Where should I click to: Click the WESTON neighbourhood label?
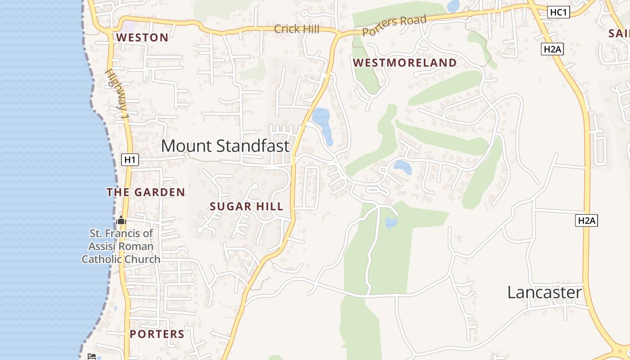point(142,37)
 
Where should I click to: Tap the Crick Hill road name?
point(297,29)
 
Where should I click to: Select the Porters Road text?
point(394,26)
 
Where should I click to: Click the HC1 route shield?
point(558,13)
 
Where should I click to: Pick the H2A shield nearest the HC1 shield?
point(552,49)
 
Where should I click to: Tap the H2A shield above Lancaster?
point(586,220)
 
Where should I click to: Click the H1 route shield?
point(130,159)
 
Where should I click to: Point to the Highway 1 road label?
point(118,94)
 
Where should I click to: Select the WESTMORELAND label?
point(405,63)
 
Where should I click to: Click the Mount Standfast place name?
point(225,146)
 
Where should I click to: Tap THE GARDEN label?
point(146,192)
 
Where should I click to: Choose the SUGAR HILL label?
point(247,207)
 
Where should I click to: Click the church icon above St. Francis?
point(121,220)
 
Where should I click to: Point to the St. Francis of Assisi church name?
point(121,246)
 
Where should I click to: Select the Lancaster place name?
point(544,292)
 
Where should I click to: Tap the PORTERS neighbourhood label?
point(157,334)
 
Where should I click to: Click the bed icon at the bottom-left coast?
point(92,356)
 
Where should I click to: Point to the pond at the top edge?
point(453,6)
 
